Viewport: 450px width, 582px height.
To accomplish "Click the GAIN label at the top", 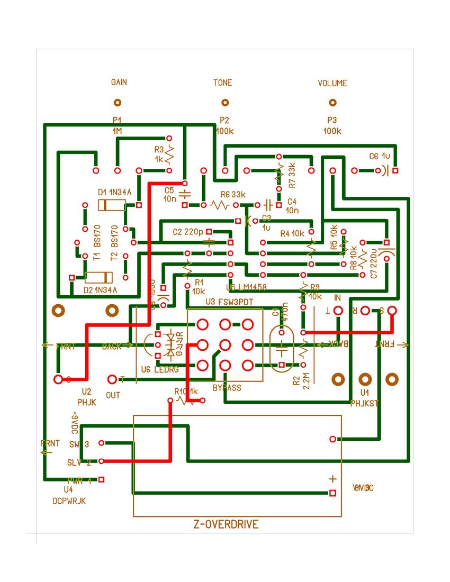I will [x=119, y=83].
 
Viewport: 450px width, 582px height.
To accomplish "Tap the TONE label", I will [x=222, y=83].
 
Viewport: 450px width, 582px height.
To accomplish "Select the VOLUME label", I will [x=332, y=83].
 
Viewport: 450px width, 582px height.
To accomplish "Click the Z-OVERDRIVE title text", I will [x=226, y=525].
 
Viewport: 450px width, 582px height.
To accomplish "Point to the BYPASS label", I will [x=227, y=388].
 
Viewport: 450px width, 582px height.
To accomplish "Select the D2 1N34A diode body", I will [x=98, y=277].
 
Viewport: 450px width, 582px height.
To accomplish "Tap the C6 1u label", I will [x=380, y=157].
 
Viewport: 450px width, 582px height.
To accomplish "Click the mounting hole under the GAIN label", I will [x=118, y=103].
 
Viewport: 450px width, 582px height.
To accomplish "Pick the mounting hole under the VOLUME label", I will [x=332, y=103].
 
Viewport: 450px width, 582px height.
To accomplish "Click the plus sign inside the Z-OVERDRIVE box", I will [x=332, y=479].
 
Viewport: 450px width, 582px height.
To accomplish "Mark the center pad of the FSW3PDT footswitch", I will [x=225, y=345].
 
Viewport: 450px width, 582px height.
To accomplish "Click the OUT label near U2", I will [x=113, y=395].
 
